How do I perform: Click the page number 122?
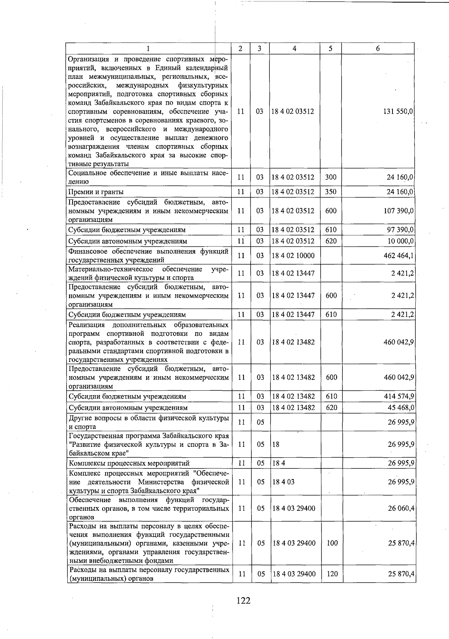[243, 600]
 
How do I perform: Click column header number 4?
[295, 49]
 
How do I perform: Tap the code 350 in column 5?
[331, 192]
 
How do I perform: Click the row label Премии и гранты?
[96, 192]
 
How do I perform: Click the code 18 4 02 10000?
[293, 256]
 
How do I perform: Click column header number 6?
[378, 49]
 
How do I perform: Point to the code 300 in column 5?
[331, 177]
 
